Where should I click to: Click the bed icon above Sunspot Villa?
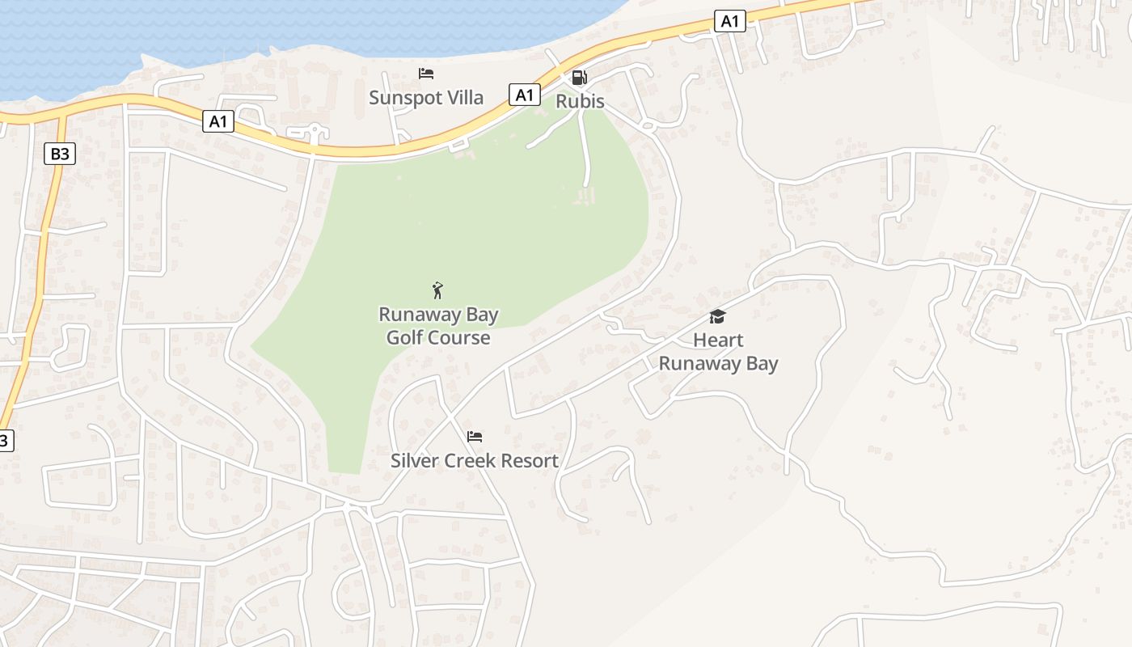click(x=426, y=74)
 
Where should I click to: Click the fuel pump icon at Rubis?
click(x=579, y=78)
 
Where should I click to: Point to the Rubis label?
click(x=580, y=102)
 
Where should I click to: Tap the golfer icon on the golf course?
click(x=437, y=290)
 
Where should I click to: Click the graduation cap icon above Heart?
click(x=717, y=316)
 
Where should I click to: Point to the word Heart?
click(x=718, y=340)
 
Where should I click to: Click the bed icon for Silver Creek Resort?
click(x=475, y=437)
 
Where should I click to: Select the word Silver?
click(x=415, y=461)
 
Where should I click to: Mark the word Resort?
click(x=529, y=461)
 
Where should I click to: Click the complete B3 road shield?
click(x=60, y=154)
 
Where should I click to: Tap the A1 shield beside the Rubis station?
click(x=525, y=95)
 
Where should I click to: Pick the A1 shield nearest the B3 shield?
click(x=218, y=121)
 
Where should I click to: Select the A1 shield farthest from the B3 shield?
click(x=729, y=22)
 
